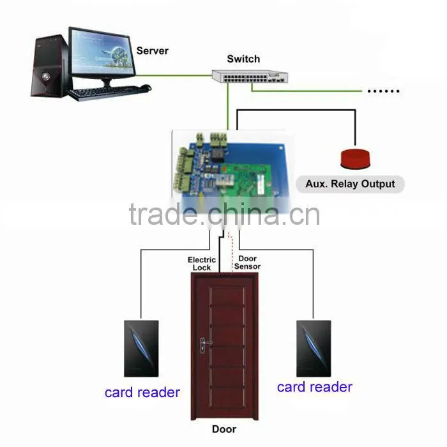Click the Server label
click(152, 50)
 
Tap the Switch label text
click(243, 59)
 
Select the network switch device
click(250, 76)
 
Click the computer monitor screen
click(102, 52)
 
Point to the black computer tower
click(50, 66)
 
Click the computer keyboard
click(107, 93)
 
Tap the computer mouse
click(146, 87)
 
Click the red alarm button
click(355, 158)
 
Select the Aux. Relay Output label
click(350, 184)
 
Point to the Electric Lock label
click(202, 264)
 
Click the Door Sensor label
click(247, 262)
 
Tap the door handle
click(205, 344)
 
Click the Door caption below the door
click(224, 429)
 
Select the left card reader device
click(141, 349)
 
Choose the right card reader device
click(314, 349)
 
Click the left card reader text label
click(142, 393)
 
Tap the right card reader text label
click(315, 387)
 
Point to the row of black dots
click(383, 91)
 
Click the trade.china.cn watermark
click(224, 214)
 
